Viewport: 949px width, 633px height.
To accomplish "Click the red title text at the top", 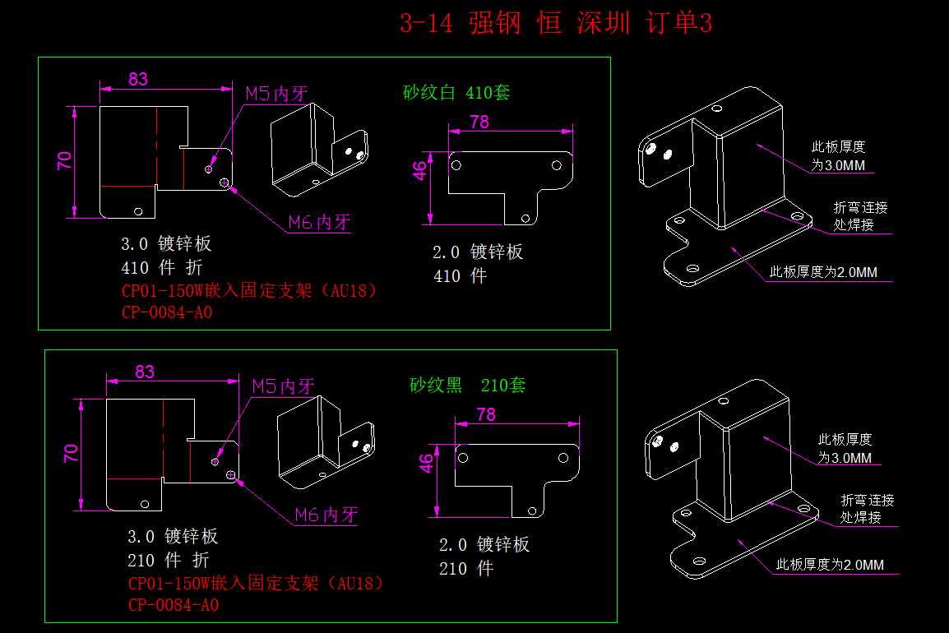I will point(556,24).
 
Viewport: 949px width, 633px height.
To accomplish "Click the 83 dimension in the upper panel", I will point(138,79).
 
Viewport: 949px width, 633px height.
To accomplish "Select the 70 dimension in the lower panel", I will point(71,452).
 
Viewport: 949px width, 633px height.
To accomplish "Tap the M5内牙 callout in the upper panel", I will point(276,94).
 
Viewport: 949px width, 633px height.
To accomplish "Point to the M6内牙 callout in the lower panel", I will point(326,515).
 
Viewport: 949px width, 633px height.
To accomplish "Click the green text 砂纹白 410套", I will point(456,92).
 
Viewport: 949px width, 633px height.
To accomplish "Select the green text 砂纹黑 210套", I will point(467,385).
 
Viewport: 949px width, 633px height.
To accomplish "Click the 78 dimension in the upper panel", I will point(479,122).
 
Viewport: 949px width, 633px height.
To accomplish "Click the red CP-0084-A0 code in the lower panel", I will point(174,605).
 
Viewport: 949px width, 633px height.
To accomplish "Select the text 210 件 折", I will point(169,561).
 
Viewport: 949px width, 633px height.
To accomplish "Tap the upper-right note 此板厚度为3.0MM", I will point(839,156).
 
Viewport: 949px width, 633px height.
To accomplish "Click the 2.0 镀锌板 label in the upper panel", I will point(478,252).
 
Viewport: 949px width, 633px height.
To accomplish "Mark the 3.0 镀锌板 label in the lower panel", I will point(173,537).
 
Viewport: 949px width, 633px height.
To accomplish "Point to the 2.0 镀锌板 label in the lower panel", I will point(484,545).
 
